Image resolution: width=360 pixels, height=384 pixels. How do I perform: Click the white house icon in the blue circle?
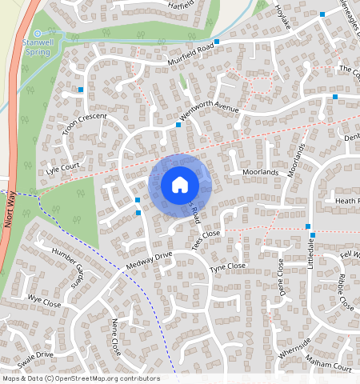point(180,185)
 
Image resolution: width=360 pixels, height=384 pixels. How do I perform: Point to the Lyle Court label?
point(63,168)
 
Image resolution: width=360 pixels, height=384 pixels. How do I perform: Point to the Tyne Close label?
point(227,266)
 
